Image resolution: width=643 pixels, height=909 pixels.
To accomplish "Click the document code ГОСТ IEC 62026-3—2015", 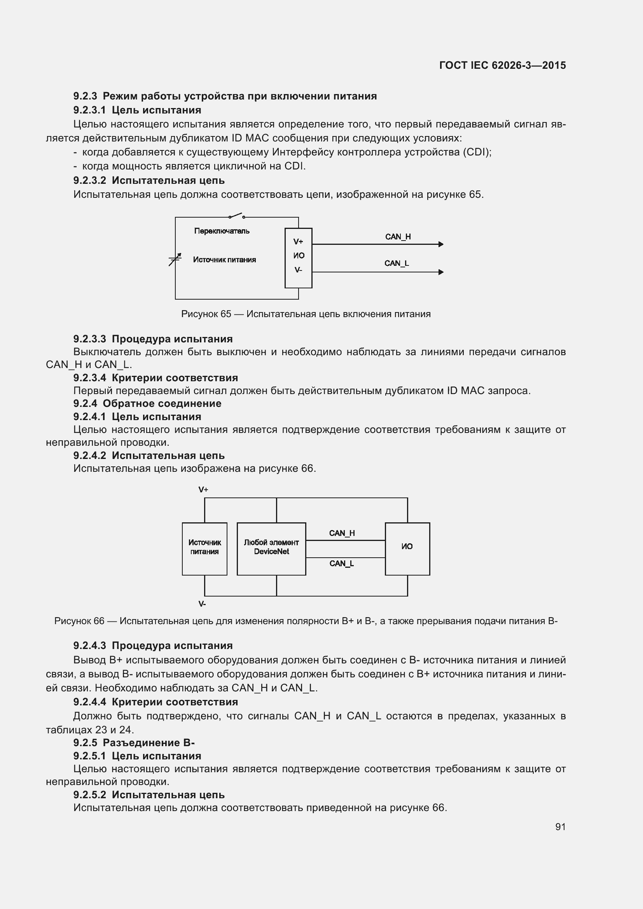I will [x=502, y=65].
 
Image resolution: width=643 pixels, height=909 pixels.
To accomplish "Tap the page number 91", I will [x=560, y=827].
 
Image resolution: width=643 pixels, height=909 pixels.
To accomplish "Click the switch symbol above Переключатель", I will [x=237, y=216].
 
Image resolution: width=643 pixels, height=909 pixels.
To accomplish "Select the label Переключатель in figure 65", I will [x=222, y=231].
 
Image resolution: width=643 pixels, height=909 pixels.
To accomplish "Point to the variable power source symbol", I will [x=175, y=259].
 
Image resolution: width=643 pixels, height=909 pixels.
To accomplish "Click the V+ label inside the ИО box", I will [x=298, y=241].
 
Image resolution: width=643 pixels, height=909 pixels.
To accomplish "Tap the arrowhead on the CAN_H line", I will [x=441, y=244].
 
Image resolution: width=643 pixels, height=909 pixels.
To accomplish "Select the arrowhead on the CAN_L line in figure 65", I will [x=441, y=272].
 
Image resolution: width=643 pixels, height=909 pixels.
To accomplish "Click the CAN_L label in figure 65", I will [x=396, y=263].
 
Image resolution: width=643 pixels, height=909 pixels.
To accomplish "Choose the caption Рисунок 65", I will [x=306, y=314].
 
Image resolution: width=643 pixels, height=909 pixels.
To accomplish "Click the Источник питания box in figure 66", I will [x=204, y=549].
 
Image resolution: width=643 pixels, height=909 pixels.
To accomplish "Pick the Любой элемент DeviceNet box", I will [x=271, y=549].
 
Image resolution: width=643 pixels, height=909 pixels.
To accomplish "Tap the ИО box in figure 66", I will [x=407, y=549].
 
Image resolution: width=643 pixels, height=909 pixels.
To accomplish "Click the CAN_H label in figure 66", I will [x=342, y=533].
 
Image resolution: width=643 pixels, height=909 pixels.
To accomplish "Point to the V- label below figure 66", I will [x=202, y=604].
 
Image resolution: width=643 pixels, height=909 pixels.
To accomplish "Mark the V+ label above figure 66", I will [x=203, y=490].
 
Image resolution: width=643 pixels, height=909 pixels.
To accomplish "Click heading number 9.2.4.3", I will [x=89, y=646].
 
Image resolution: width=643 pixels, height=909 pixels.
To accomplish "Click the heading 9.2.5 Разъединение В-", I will [x=134, y=743].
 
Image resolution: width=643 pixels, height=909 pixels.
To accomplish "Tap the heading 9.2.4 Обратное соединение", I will [x=147, y=403].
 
